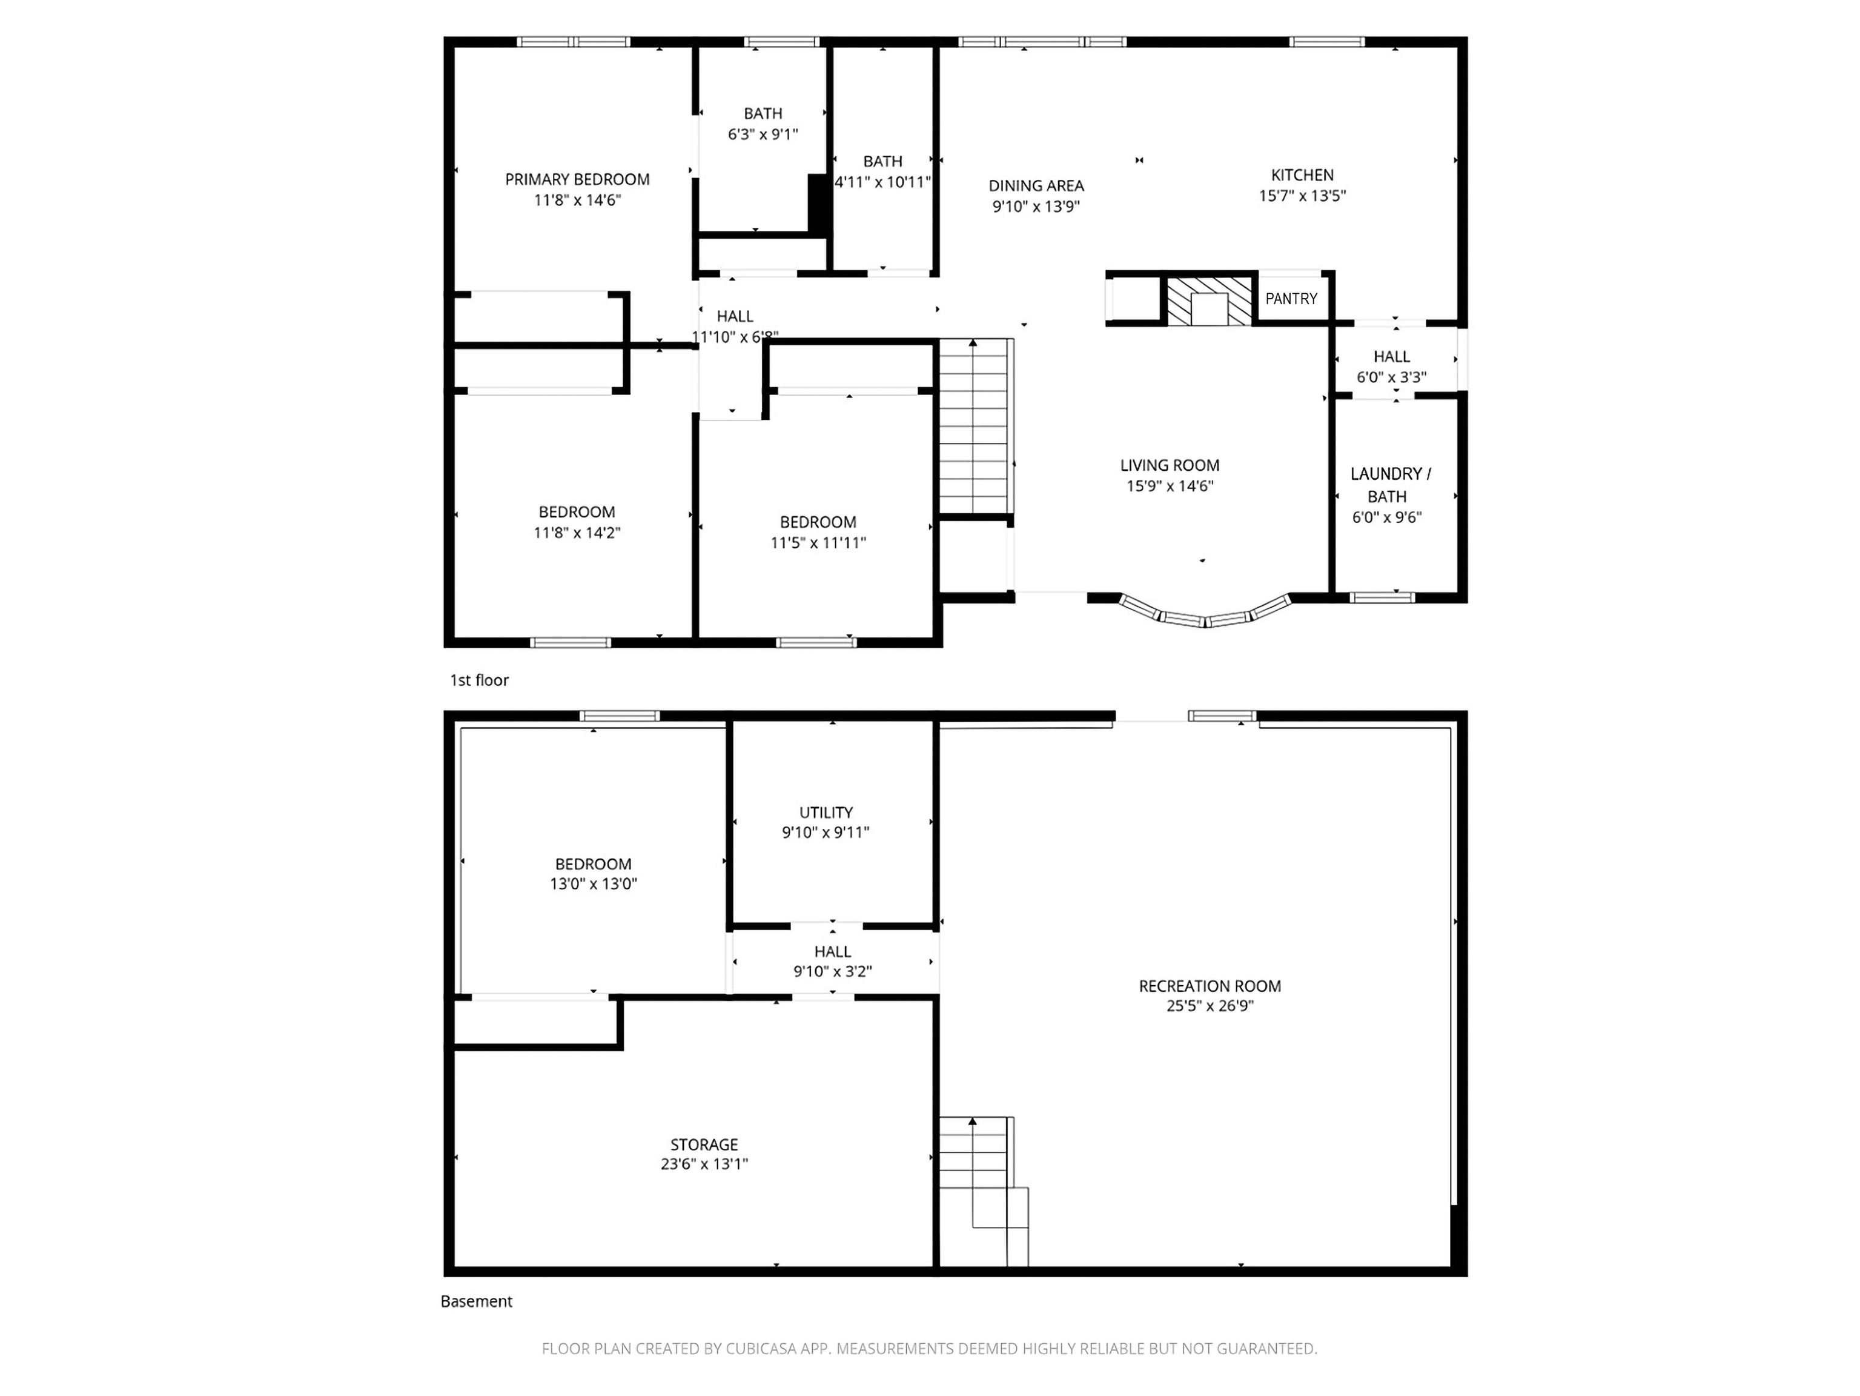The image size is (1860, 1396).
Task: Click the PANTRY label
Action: pyautogui.click(x=1291, y=299)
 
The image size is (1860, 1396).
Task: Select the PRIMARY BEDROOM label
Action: pyautogui.click(x=577, y=179)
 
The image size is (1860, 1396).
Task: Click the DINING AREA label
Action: pyautogui.click(x=1036, y=186)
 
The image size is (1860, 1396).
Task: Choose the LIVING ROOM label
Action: pyautogui.click(x=1169, y=465)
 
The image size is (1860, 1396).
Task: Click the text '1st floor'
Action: pyautogui.click(x=479, y=680)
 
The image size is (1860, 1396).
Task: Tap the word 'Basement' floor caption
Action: pyautogui.click(x=476, y=1301)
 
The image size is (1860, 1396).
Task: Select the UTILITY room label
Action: pyautogui.click(x=826, y=813)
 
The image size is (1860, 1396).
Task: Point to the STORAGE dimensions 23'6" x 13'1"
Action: pyautogui.click(x=704, y=1164)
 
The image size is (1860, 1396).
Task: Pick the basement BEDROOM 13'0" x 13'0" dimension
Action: pyautogui.click(x=593, y=884)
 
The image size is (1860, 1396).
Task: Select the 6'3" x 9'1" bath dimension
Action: pyautogui.click(x=762, y=134)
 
